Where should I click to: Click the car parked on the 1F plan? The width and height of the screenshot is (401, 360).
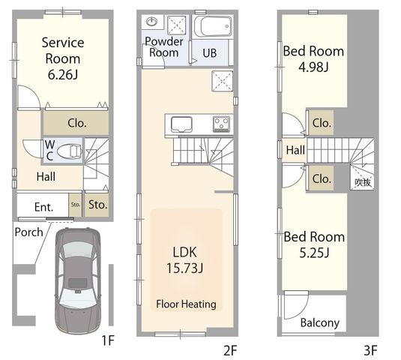click(78, 281)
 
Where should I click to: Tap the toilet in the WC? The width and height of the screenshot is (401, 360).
click(70, 151)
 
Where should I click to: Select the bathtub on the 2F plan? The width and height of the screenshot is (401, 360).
click(213, 26)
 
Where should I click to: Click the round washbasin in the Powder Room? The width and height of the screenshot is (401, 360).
click(151, 22)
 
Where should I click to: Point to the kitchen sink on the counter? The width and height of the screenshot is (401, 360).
click(181, 124)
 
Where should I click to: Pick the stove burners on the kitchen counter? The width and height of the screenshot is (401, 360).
click(221, 124)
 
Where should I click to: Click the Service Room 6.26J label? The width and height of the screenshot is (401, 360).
click(63, 58)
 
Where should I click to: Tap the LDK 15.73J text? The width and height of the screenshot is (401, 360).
click(184, 260)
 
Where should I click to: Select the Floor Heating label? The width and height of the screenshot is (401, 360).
click(186, 304)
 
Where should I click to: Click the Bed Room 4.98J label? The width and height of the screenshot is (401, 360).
click(313, 58)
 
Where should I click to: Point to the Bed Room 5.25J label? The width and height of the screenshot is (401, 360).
click(314, 244)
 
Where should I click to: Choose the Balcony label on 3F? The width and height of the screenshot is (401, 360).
click(319, 322)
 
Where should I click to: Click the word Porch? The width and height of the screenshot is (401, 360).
click(29, 232)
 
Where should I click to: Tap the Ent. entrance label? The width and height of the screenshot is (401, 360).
click(43, 207)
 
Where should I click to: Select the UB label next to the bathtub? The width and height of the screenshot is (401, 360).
click(209, 53)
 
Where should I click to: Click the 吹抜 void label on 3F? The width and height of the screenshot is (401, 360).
click(363, 182)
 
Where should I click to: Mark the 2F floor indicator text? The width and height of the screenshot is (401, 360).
click(230, 350)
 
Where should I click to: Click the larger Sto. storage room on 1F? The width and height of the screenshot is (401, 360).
click(97, 205)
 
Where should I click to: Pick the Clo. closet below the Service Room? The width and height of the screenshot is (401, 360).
click(76, 123)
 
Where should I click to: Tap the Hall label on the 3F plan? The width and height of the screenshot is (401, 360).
click(295, 150)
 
